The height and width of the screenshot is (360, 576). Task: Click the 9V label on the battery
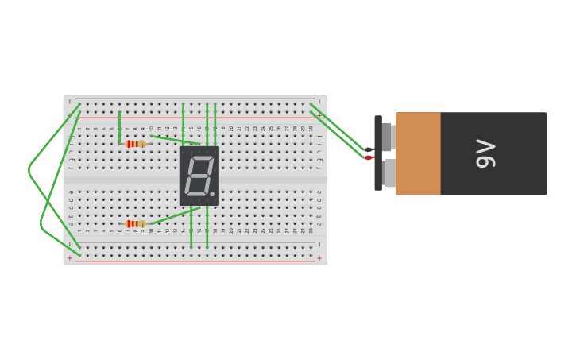coord(485,153)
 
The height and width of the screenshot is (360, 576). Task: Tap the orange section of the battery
coord(418,153)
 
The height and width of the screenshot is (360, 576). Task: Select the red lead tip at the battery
coord(369,157)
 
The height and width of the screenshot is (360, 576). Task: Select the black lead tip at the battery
coord(369,149)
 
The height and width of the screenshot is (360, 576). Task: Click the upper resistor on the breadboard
coord(136,144)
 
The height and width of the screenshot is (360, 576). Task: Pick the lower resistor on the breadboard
coord(136,224)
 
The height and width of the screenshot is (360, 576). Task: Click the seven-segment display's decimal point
coord(212,194)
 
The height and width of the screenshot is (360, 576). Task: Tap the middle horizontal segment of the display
coord(198,176)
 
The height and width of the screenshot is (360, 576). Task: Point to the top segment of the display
coord(201,158)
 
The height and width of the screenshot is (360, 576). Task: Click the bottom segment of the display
coord(195,193)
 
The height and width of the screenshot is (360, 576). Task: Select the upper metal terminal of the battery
coord(387,137)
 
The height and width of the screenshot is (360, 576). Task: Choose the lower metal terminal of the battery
coord(389,173)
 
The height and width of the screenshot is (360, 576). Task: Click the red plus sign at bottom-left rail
coord(69,258)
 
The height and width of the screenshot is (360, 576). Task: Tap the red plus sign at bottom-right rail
coord(319,258)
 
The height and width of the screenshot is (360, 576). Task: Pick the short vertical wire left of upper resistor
coord(120,127)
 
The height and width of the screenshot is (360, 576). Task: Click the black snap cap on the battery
coord(378,153)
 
